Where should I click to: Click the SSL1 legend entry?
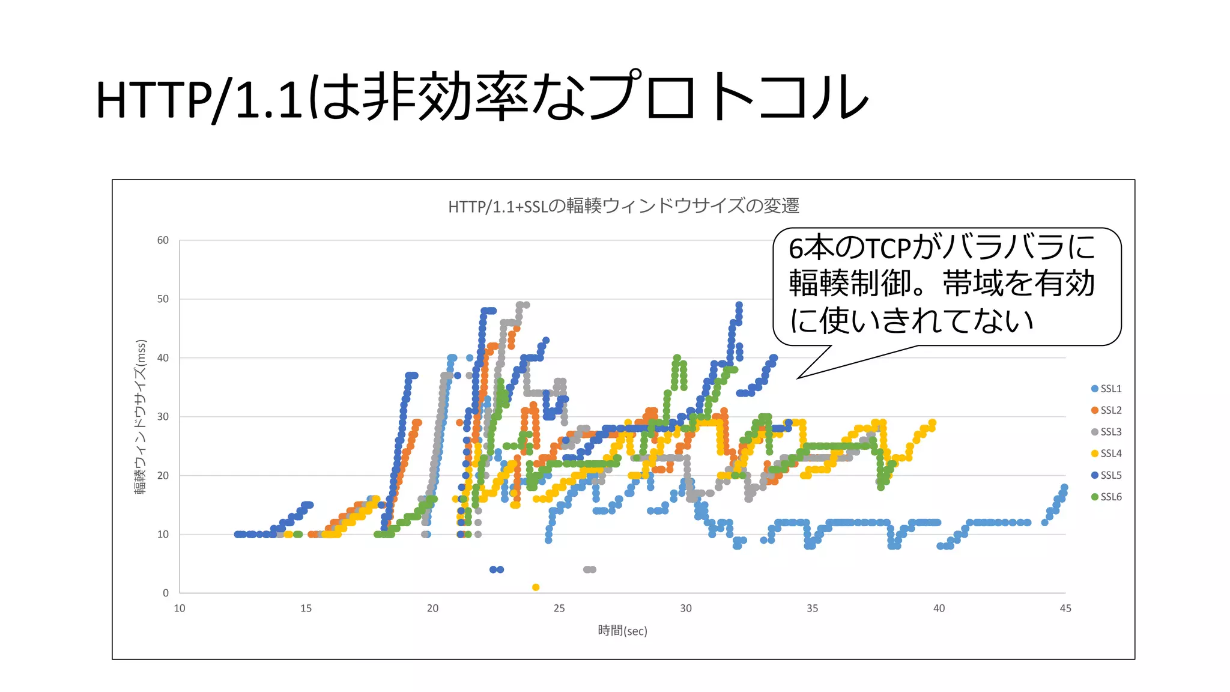pyautogui.click(x=1106, y=389)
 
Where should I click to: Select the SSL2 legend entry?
pyautogui.click(x=1106, y=410)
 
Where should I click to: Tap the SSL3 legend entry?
pyautogui.click(x=1106, y=432)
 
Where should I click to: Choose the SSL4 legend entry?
pyautogui.click(x=1106, y=454)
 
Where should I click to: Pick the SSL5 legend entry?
pyautogui.click(x=1106, y=475)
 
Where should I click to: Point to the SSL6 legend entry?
pyautogui.click(x=1106, y=497)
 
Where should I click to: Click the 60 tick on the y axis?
pyautogui.click(x=163, y=240)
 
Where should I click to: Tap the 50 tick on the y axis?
pyautogui.click(x=163, y=299)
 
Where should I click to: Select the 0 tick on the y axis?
pyautogui.click(x=166, y=593)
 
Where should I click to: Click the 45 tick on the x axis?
pyautogui.click(x=1065, y=609)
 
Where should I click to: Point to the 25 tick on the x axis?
pyautogui.click(x=559, y=609)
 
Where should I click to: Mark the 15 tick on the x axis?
pyautogui.click(x=306, y=609)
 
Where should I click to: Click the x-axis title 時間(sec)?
pyautogui.click(x=622, y=631)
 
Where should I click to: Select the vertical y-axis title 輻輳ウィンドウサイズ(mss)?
pyautogui.click(x=141, y=417)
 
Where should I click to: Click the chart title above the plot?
pyautogui.click(x=623, y=206)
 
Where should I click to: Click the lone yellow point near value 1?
pyautogui.click(x=536, y=587)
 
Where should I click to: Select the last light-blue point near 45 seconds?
pyautogui.click(x=1064, y=487)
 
